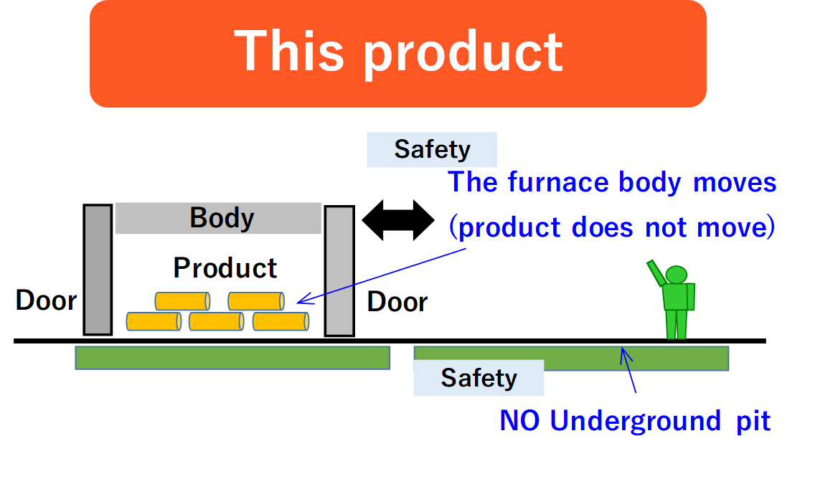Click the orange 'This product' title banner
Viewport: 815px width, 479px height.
397,54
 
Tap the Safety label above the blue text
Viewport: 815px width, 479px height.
432,150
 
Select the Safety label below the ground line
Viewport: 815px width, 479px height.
479,378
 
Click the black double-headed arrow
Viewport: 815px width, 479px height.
398,220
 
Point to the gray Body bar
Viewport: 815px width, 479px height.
218,218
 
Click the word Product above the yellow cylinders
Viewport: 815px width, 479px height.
225,268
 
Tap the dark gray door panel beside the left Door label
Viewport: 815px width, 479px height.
98,270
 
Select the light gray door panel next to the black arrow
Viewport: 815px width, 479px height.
339,270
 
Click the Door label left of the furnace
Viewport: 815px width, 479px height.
46,300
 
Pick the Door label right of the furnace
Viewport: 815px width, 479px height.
397,302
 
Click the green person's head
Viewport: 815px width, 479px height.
677,275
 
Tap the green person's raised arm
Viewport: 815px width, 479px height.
656,273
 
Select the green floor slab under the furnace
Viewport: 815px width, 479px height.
232,358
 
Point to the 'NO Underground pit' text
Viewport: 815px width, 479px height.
635,421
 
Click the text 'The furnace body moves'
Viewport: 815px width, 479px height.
612,182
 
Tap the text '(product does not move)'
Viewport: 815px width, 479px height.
612,227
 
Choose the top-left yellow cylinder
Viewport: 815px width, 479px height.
182,301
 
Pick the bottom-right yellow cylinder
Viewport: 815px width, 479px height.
281,321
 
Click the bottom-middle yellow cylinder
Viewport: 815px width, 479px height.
216,321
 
